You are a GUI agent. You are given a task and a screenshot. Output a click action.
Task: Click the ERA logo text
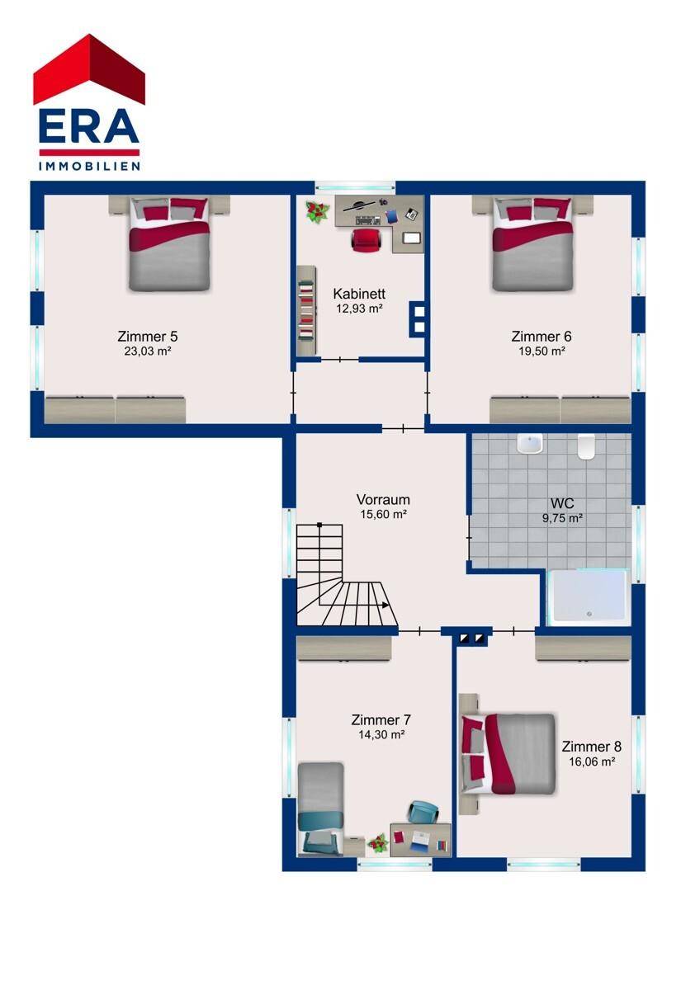(89, 126)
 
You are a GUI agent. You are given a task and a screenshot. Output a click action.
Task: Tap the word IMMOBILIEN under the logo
(89, 166)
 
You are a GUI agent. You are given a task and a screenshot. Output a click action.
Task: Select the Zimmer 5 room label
(147, 337)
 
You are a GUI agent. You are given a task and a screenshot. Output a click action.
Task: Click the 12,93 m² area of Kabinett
(359, 309)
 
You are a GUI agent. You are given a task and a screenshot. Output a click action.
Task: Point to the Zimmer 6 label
(542, 337)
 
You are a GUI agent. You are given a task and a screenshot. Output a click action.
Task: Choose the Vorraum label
(383, 499)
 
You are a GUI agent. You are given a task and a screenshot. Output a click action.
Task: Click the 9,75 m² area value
(562, 517)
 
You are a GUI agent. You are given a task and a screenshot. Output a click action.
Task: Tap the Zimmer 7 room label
(381, 719)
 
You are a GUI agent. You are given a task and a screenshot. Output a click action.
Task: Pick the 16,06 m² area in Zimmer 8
(592, 761)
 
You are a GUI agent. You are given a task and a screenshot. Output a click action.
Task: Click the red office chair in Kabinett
(366, 240)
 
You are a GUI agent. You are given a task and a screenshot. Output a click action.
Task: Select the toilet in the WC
(586, 448)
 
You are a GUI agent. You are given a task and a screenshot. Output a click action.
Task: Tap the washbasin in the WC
(530, 444)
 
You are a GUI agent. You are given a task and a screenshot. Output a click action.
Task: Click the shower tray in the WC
(587, 597)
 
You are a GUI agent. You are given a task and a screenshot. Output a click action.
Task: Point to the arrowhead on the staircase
(385, 605)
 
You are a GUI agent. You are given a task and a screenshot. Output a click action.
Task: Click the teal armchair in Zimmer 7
(423, 812)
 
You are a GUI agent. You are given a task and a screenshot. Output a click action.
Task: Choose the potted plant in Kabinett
(318, 212)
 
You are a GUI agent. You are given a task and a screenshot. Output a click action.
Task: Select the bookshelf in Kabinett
(306, 310)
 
